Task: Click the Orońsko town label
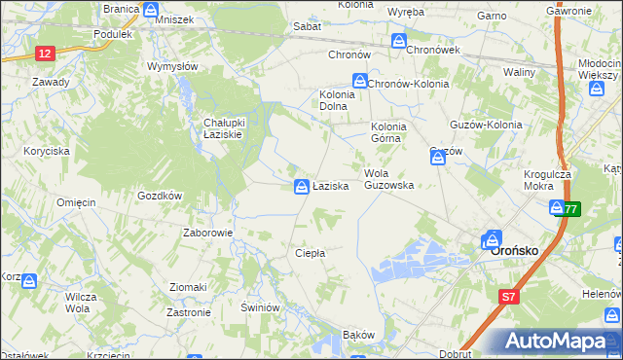(x=516, y=249)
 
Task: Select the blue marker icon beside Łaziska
(x=302, y=185)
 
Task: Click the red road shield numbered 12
(x=45, y=55)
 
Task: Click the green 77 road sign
(x=570, y=208)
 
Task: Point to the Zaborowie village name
(x=207, y=234)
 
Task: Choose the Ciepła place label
(x=310, y=253)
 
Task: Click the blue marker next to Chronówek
(x=399, y=42)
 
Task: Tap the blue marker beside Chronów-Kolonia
(x=359, y=83)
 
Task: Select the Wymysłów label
(x=172, y=66)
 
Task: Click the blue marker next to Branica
(x=150, y=10)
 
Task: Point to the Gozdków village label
(x=160, y=196)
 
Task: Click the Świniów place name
(x=261, y=307)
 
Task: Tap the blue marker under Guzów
(x=438, y=157)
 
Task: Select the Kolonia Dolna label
(x=336, y=101)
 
